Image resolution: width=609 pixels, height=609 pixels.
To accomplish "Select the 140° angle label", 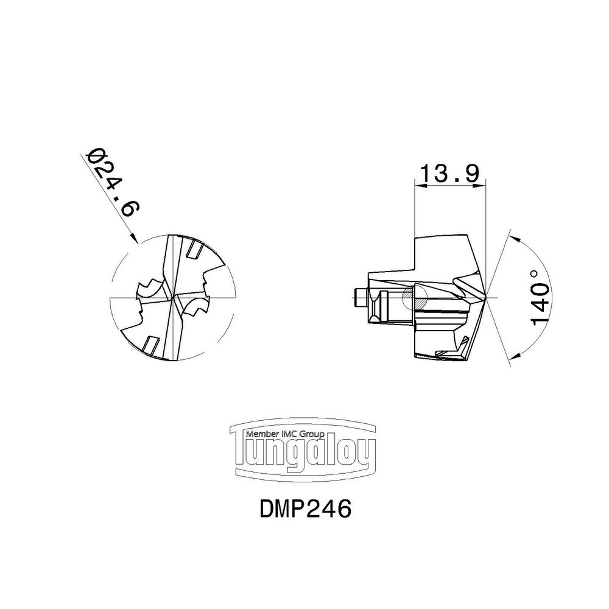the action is [x=540, y=298].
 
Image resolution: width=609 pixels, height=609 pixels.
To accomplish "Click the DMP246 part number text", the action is [x=305, y=509].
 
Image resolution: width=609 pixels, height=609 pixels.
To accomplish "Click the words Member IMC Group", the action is [x=285, y=434].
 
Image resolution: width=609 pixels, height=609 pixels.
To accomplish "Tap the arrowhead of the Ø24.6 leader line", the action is [x=135, y=238].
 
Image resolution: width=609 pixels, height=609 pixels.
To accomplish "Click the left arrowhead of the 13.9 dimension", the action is [x=421, y=186].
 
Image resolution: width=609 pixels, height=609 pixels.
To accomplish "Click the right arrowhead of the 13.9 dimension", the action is [x=480, y=186].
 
